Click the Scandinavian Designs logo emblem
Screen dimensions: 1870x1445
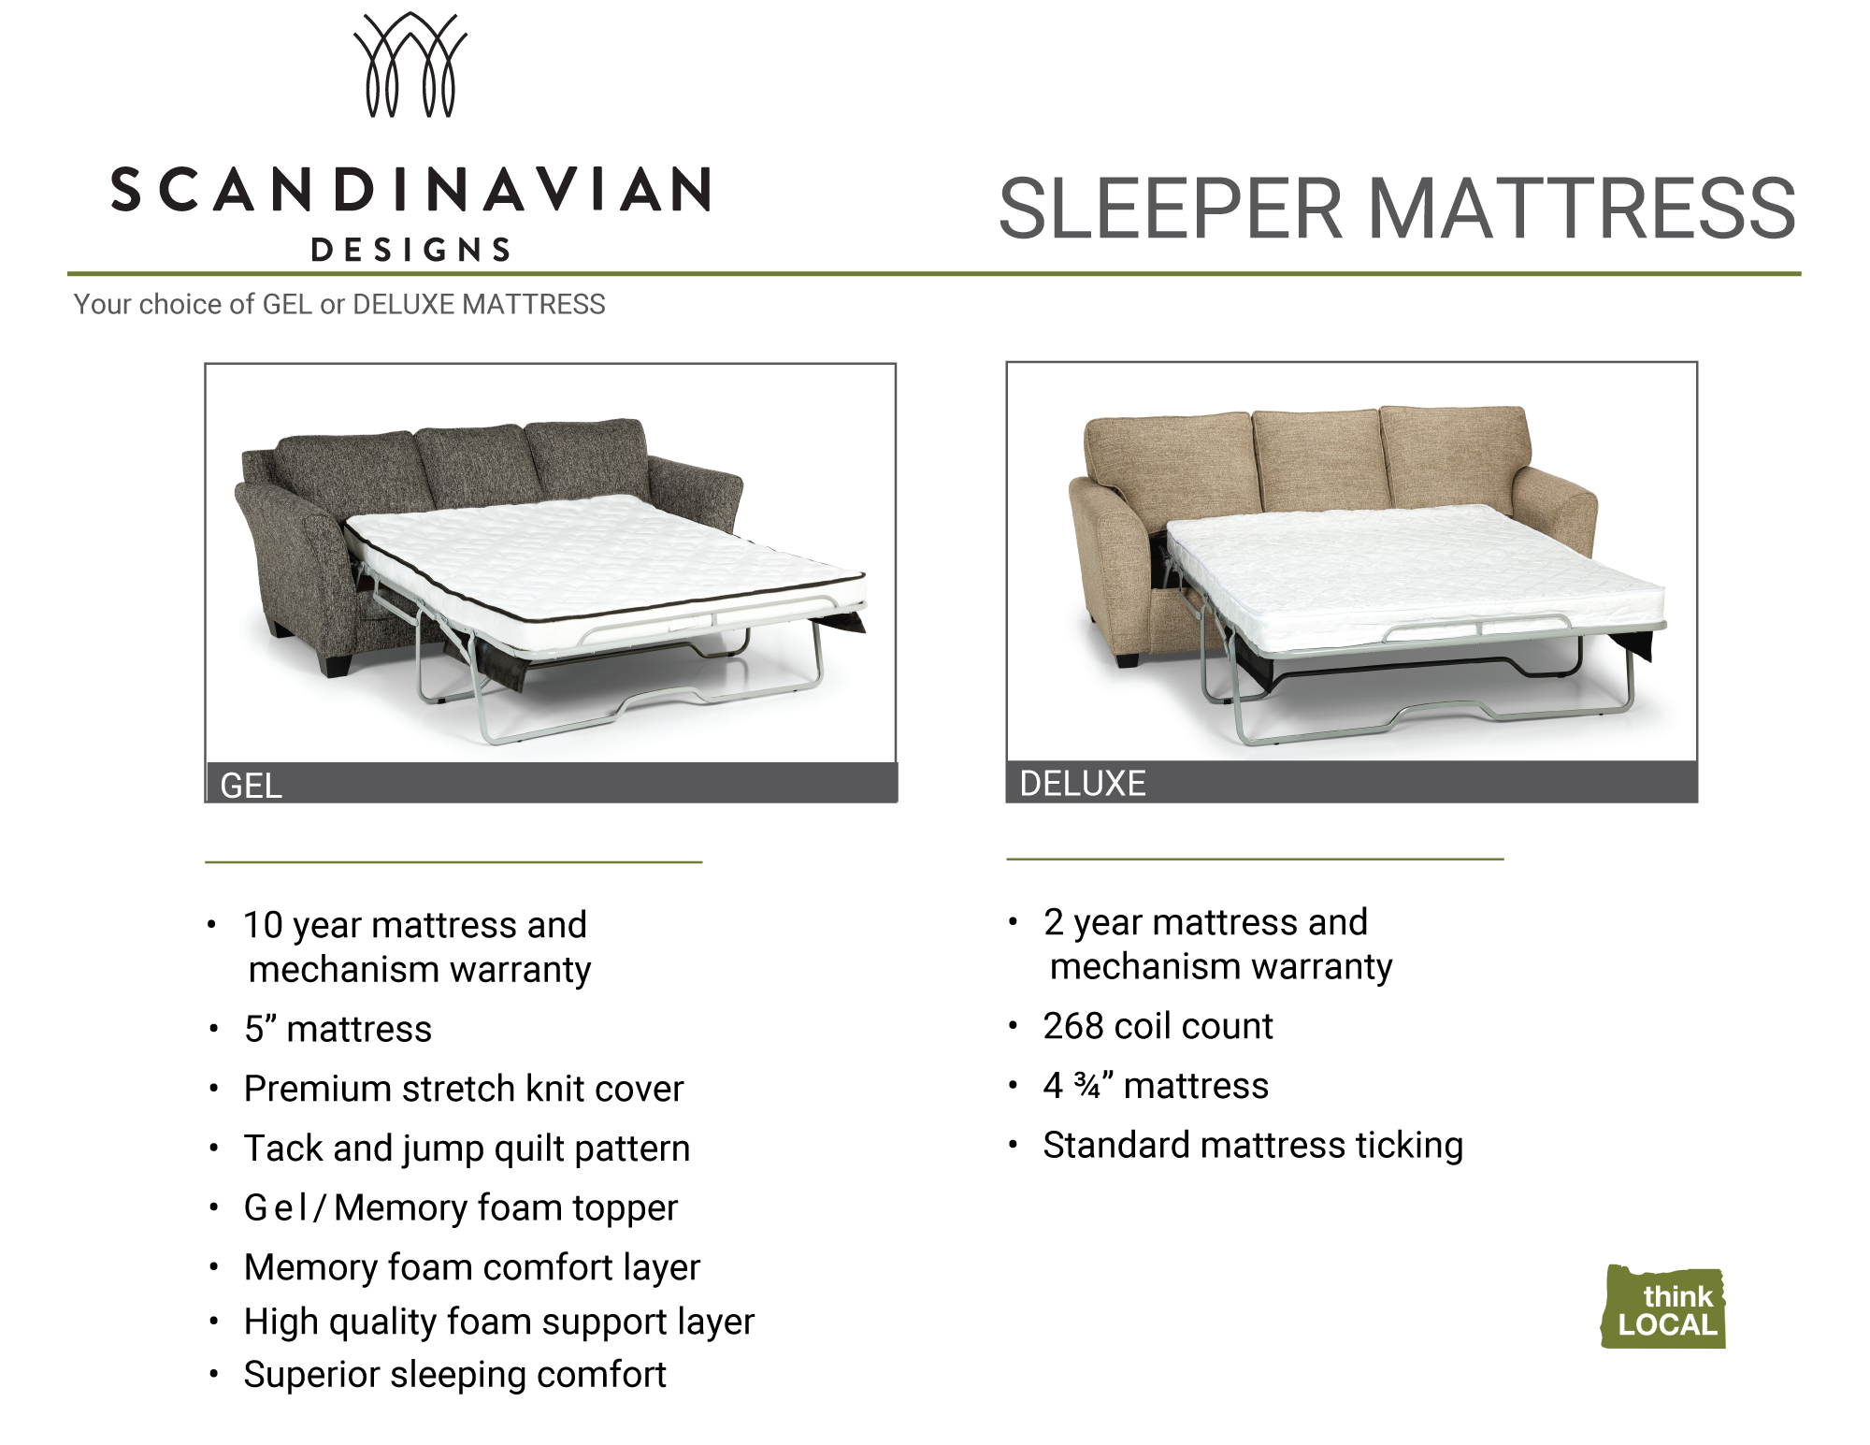[x=410, y=65]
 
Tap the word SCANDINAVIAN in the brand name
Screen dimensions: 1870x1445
[x=411, y=190]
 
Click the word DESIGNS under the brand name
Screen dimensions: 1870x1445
[x=410, y=250]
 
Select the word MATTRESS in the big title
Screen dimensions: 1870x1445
[x=1581, y=208]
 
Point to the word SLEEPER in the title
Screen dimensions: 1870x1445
[x=1171, y=208]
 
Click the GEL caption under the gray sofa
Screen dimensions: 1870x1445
[x=251, y=786]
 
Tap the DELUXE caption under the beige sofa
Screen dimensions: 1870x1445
[x=1083, y=783]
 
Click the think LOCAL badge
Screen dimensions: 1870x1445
[x=1664, y=1307]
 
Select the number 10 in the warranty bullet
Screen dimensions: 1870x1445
[x=263, y=925]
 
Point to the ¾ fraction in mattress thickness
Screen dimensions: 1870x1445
[x=1087, y=1085]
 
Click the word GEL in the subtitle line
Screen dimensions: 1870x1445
[x=287, y=304]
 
